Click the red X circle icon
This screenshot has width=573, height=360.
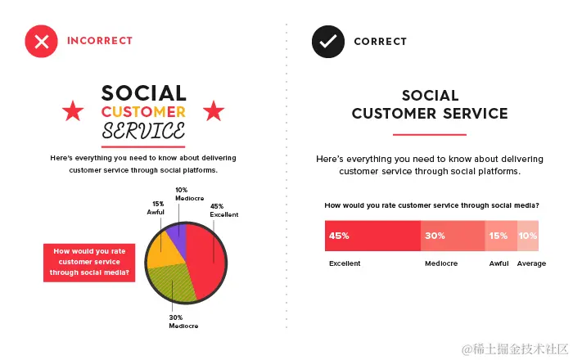[41, 41]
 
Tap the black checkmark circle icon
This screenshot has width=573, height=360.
[328, 42]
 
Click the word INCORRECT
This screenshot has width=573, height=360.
[99, 41]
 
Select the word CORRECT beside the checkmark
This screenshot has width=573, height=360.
[380, 42]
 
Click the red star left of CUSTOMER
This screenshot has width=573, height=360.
[73, 110]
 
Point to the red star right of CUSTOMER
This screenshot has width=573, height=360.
[214, 110]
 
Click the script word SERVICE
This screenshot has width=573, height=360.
[143, 131]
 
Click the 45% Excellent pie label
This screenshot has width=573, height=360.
[224, 210]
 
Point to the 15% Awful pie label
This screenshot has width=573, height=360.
[156, 208]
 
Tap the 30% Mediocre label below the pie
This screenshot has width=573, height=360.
[183, 322]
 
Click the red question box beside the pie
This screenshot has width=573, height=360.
[89, 263]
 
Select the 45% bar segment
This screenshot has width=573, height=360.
[372, 236]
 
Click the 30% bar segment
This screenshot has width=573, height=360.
[453, 236]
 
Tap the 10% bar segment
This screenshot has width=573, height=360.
[528, 236]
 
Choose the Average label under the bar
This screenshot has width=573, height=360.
[531, 263]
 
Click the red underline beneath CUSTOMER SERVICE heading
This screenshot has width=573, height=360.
[430, 135]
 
